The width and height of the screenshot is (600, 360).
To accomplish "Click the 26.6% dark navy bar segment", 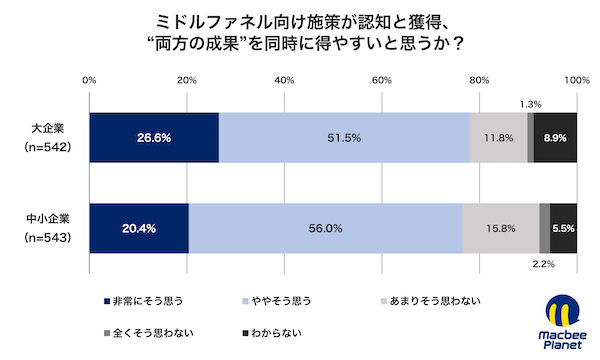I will point(153,138).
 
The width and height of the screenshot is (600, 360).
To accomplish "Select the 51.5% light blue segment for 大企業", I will point(344,138).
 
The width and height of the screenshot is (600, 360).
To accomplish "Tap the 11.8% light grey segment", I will point(498,138).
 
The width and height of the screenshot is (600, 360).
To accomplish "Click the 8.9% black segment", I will point(555,138).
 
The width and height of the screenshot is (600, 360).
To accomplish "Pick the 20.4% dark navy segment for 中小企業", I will point(138,228).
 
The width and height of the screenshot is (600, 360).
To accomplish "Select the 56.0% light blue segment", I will point(325,228).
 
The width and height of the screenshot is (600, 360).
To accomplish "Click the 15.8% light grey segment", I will point(500,228).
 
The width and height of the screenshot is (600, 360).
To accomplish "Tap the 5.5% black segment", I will point(563,228).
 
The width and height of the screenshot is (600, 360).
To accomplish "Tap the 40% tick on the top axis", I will point(283,79).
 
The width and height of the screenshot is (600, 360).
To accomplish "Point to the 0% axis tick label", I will point(89,79).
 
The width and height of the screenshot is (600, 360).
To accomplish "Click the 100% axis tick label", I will point(576,79).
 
